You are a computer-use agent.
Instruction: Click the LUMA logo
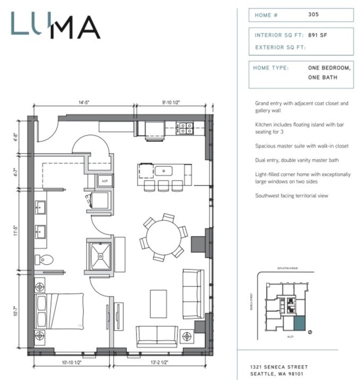point(55,26)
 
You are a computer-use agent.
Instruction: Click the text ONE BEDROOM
point(329,68)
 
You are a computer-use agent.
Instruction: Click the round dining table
point(163,237)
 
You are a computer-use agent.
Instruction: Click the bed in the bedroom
point(59,311)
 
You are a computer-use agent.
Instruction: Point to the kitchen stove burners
point(185,128)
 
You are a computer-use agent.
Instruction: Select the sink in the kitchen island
point(164,171)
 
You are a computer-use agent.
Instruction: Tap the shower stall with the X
point(99,255)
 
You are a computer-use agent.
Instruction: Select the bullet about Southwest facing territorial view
point(292,196)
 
